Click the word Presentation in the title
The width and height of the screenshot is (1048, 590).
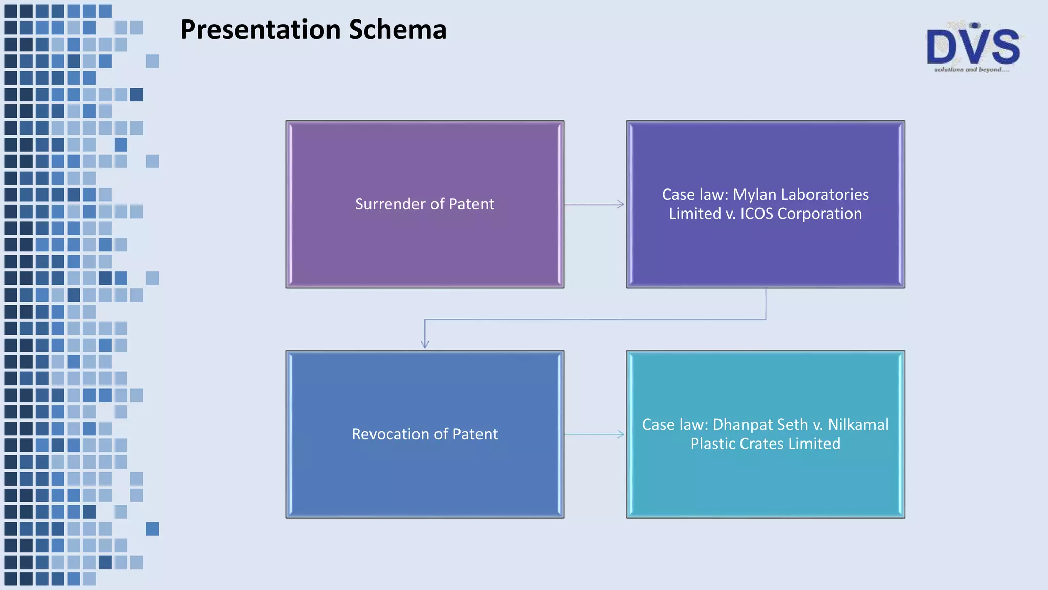point(260,30)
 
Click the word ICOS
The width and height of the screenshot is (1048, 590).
point(757,214)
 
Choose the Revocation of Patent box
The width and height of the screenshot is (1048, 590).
point(425,476)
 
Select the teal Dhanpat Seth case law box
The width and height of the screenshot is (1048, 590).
point(766,481)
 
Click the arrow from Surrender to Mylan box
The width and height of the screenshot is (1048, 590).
point(595,205)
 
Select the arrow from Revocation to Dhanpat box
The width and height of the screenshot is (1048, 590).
point(595,435)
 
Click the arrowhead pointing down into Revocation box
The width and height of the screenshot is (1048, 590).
point(425,344)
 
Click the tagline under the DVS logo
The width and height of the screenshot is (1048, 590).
point(971,70)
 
